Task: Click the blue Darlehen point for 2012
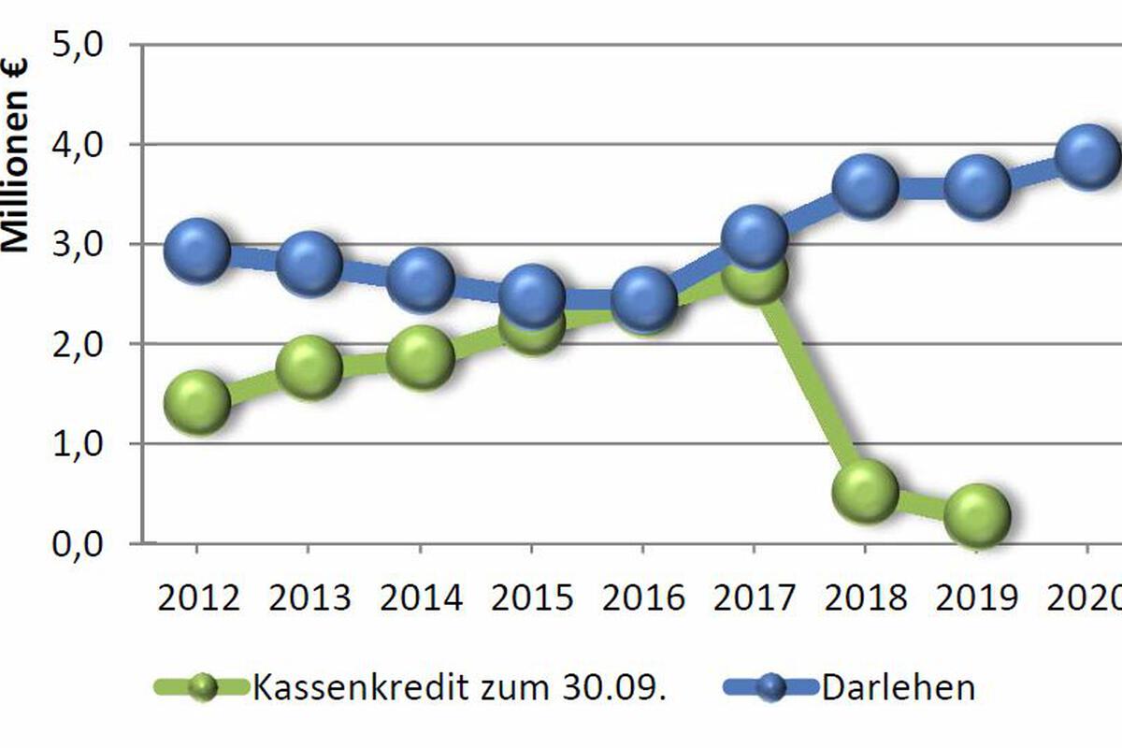[x=197, y=251]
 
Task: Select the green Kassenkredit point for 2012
[x=197, y=402]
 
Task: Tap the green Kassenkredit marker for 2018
[x=865, y=492]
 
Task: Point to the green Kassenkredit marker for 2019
[x=977, y=515]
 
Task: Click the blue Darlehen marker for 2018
[x=865, y=186]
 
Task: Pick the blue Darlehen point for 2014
[x=421, y=280]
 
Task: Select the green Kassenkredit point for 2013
[x=309, y=367]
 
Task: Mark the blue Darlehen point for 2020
[x=1088, y=157]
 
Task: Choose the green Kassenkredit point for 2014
[x=421, y=358]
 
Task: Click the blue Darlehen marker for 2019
[x=977, y=186]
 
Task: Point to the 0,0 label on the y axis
[x=78, y=545]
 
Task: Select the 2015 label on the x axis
[x=532, y=597]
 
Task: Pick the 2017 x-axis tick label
[x=755, y=597]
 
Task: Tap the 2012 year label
[x=198, y=597]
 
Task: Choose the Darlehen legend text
[x=899, y=688]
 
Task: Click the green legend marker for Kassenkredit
[x=203, y=687]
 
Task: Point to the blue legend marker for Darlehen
[x=771, y=687]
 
